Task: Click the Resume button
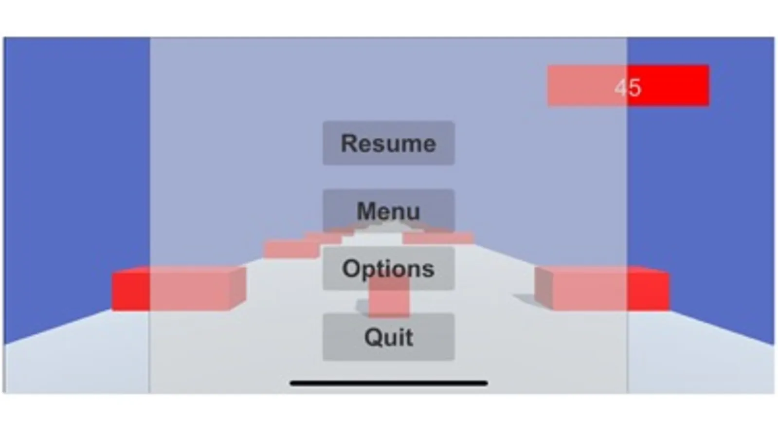(x=388, y=143)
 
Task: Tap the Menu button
(x=388, y=210)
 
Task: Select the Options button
(x=388, y=268)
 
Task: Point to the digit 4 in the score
(x=621, y=88)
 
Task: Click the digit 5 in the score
(x=634, y=88)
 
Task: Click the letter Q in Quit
(x=373, y=337)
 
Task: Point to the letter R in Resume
(x=349, y=143)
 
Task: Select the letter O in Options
(x=351, y=268)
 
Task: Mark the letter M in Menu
(x=367, y=211)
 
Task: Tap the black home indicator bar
(x=388, y=383)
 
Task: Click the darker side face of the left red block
(x=237, y=289)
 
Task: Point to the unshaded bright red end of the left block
(x=130, y=291)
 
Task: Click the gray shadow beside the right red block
(x=525, y=298)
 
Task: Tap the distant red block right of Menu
(x=438, y=238)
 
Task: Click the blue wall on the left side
(x=73, y=170)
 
